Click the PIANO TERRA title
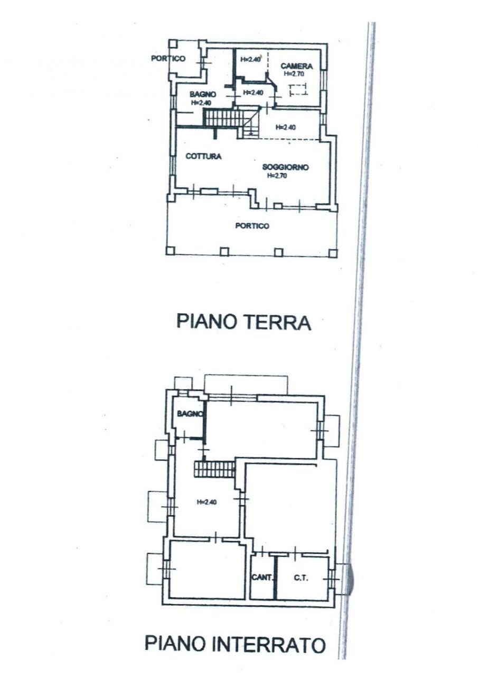click(243, 322)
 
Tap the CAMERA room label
click(296, 66)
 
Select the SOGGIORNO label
click(285, 167)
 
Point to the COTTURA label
click(203, 156)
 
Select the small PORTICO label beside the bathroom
click(168, 58)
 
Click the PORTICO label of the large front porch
click(252, 226)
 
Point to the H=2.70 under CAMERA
click(293, 74)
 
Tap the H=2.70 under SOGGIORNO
click(277, 176)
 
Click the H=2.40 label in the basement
click(207, 502)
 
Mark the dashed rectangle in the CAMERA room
click(298, 90)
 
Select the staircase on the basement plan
click(214, 469)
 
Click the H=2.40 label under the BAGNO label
click(201, 103)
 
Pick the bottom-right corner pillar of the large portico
click(333, 252)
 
